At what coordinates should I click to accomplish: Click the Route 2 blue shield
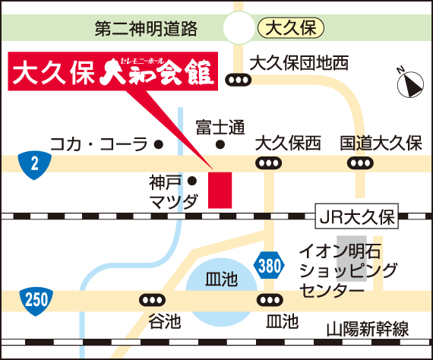(x=34, y=165)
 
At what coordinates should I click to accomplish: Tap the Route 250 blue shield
(x=36, y=301)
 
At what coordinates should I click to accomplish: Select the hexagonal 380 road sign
(x=269, y=266)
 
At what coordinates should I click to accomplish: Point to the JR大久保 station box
(x=357, y=216)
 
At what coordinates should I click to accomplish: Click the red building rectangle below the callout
(x=220, y=190)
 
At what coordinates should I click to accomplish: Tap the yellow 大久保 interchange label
(x=291, y=28)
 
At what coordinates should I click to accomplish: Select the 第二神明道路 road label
(x=146, y=28)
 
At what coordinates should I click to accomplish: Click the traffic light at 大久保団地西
(x=239, y=80)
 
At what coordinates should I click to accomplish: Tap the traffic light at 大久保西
(x=269, y=163)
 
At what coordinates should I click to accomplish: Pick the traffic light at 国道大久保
(x=360, y=163)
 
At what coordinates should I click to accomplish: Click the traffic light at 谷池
(x=153, y=300)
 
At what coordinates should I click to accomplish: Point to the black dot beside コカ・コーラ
(x=159, y=144)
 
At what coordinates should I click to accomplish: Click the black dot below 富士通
(x=220, y=144)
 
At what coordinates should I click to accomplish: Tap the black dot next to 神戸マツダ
(x=192, y=181)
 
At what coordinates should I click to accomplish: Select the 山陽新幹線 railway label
(x=368, y=329)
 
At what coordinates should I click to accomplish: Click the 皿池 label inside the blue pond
(x=222, y=279)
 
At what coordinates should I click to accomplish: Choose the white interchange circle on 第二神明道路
(x=239, y=27)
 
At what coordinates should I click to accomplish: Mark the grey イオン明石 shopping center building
(x=352, y=259)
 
